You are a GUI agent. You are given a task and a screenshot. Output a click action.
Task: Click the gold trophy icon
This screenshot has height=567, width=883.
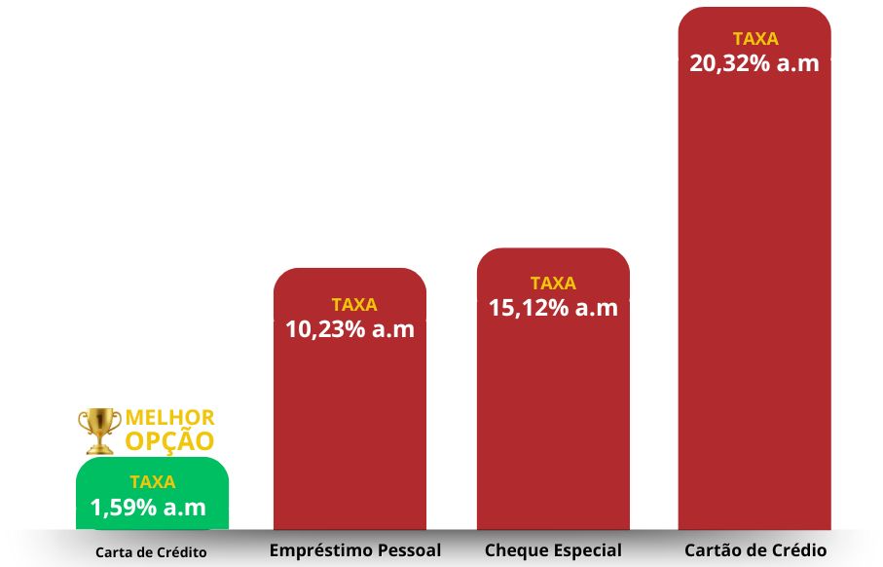coord(99,430)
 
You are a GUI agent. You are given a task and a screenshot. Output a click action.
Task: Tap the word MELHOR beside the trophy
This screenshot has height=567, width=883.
coord(170,418)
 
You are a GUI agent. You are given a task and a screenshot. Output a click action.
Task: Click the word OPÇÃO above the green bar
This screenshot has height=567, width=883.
coord(169,440)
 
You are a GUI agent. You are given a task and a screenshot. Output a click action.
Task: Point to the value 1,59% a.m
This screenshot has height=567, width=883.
coord(148,508)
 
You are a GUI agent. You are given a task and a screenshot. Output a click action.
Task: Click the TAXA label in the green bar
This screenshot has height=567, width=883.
coord(152,481)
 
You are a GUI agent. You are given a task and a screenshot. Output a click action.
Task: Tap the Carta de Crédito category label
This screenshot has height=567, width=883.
coord(151,551)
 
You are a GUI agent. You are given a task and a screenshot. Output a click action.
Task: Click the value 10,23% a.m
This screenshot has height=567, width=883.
coord(350,329)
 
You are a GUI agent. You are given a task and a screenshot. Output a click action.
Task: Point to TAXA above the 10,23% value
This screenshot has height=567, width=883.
coord(353,305)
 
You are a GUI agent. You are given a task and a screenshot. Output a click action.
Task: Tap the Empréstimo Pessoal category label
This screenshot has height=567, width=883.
coord(354,549)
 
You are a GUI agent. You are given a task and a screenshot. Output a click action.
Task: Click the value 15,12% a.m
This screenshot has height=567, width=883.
coord(553,308)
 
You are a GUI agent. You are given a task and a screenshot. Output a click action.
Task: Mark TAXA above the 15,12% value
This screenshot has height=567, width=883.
coord(553,283)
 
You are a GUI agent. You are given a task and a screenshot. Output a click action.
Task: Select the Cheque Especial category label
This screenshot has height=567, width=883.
coord(553,549)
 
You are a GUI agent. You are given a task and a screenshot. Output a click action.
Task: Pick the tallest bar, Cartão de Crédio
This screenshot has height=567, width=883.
coord(754,292)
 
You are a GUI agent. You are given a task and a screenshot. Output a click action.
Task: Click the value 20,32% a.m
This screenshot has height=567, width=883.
coord(754,64)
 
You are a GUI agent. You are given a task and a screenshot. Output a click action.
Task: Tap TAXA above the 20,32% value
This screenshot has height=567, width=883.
coord(755,40)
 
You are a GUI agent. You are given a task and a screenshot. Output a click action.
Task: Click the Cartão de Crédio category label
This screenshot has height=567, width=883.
coord(755,549)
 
